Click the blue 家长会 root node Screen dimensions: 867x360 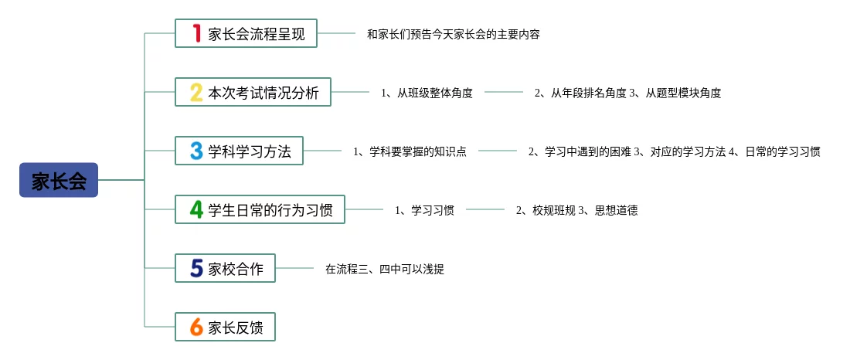[x=59, y=180]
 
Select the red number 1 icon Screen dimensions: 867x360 [x=196, y=33]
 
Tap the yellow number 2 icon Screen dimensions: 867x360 [x=196, y=93]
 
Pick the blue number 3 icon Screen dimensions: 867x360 [x=196, y=151]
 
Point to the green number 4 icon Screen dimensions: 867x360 [x=196, y=209]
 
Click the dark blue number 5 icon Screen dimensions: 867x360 [x=196, y=268]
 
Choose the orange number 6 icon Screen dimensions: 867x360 [x=196, y=327]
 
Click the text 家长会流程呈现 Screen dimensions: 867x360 [x=257, y=34]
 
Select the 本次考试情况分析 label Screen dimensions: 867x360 [x=263, y=93]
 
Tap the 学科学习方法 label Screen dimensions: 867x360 [x=250, y=151]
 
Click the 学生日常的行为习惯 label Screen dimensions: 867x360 [x=270, y=209]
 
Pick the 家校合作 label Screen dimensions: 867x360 [x=236, y=269]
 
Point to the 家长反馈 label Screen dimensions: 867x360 [x=236, y=328]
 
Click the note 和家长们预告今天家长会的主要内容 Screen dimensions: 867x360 [x=453, y=34]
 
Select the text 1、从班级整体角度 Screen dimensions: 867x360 [x=427, y=93]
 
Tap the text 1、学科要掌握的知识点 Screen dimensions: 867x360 [x=410, y=151]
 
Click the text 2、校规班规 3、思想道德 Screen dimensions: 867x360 [x=576, y=209]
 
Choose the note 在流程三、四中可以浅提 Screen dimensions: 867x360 [x=384, y=269]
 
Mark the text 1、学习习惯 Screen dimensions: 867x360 [x=424, y=209]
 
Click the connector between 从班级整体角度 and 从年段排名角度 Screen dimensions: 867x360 [x=503, y=93]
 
